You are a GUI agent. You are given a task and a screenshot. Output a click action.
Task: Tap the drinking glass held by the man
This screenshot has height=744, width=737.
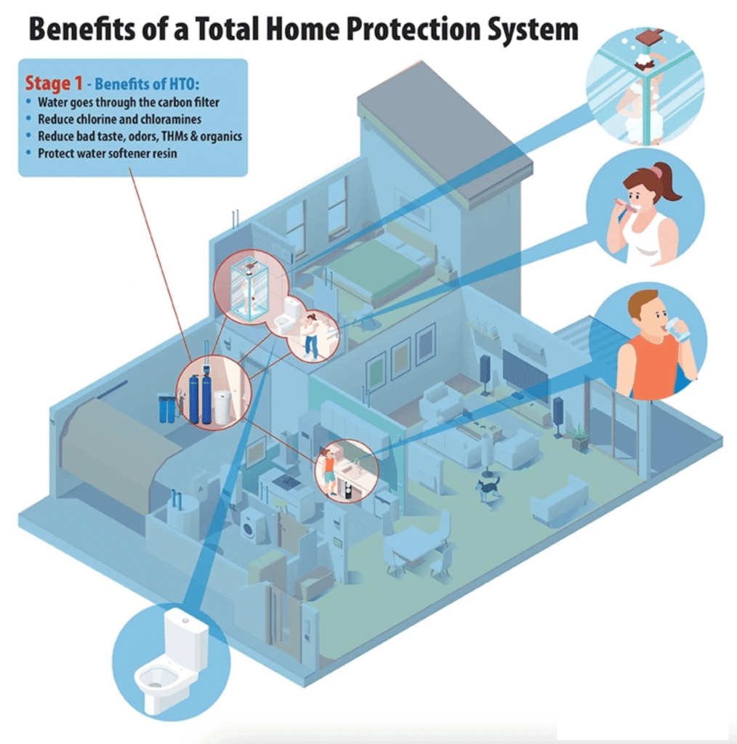click(x=681, y=331)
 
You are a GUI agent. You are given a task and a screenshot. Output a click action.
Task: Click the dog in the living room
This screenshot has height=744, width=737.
click(x=486, y=488)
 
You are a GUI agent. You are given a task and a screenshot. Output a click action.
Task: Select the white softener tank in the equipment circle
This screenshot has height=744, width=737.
click(x=222, y=406)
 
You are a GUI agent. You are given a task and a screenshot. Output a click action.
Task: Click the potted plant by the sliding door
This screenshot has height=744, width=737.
click(x=579, y=437)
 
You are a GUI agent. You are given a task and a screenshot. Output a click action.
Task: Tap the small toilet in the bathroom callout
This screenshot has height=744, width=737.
click(x=291, y=312)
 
